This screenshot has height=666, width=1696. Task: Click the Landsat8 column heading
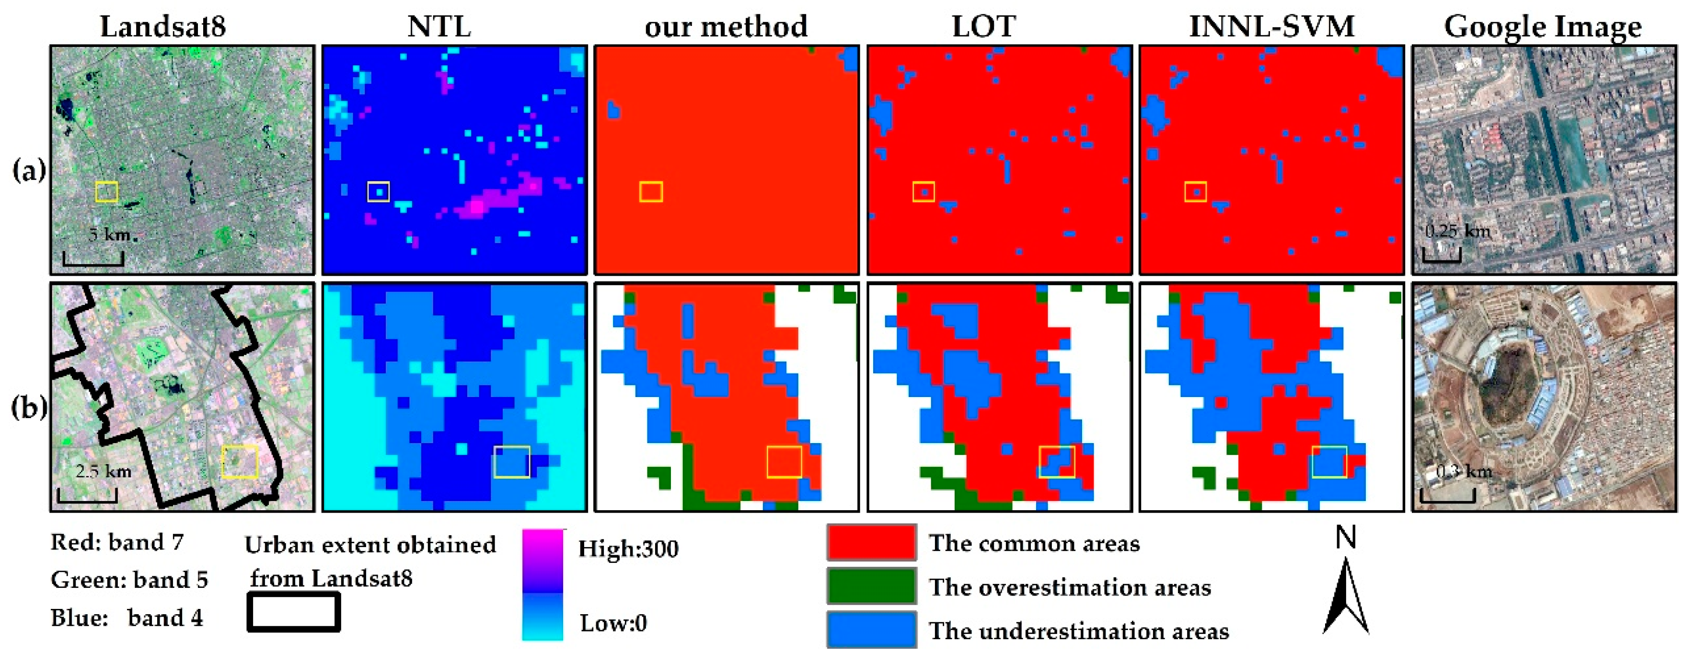pos(162,26)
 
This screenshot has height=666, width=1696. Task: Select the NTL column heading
pos(439,26)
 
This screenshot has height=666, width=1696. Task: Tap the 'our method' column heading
pos(726,26)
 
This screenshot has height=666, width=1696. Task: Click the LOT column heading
pos(984,26)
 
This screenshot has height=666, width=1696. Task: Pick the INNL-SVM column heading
pos(1272,26)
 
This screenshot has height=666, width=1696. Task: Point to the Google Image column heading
pos(1543,26)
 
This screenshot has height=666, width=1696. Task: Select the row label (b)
pos(29,407)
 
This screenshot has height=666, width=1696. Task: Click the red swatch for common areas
pos(871,542)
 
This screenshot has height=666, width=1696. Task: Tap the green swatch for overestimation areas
pos(871,585)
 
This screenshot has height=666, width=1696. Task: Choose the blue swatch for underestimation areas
pos(871,630)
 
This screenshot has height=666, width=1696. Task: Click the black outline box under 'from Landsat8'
pos(294,612)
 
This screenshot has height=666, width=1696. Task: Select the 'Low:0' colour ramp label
pos(613,622)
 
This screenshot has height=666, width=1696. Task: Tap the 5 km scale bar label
pos(109,234)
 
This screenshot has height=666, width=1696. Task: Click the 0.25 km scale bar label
pos(1456,231)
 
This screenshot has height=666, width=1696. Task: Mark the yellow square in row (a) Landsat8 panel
pos(107,192)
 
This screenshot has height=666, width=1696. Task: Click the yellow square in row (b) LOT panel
pos(1057,461)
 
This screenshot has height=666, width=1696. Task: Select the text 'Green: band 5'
pos(129,580)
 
